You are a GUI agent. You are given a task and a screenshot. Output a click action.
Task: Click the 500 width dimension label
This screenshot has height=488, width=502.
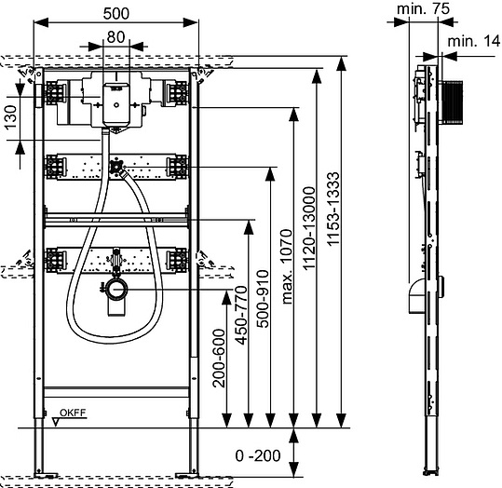coord(116,13)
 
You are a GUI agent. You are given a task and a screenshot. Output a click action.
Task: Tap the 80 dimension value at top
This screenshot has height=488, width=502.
coord(115,37)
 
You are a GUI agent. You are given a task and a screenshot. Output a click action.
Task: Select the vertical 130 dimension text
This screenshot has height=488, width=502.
coord(11,117)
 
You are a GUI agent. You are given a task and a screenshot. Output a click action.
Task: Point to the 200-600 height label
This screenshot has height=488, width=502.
coord(219,358)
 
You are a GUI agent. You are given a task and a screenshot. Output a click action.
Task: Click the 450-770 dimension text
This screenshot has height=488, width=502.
coord(241,316)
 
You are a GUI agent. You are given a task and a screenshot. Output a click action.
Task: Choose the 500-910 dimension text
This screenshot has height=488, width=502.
coord(264,299)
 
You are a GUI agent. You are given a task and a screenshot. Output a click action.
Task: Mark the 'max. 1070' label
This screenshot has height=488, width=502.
coord(287,266)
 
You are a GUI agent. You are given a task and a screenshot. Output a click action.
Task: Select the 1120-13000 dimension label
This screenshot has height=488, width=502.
coord(309,228)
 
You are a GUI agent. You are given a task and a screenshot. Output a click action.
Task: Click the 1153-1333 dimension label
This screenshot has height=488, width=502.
coord(333,209)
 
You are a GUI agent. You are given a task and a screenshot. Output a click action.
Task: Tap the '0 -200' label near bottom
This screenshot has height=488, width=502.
coord(258,455)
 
